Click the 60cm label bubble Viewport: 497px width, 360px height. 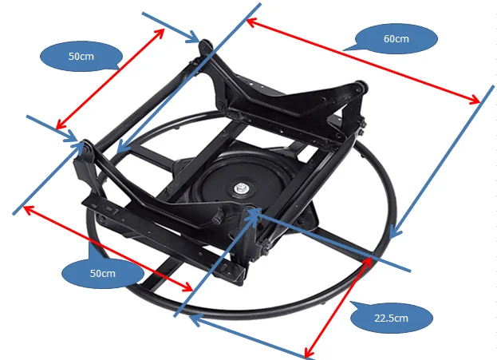[396, 39]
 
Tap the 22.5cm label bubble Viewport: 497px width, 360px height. [391, 318]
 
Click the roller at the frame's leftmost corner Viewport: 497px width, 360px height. [83, 147]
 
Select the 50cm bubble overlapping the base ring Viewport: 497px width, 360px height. [101, 273]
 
